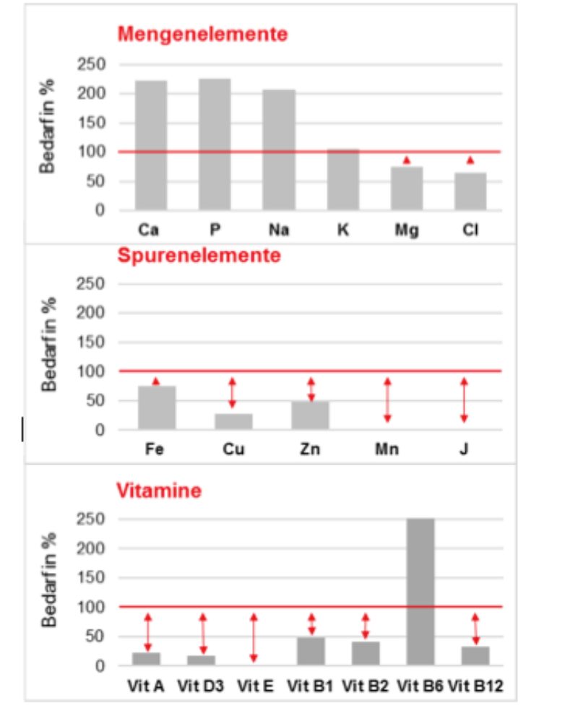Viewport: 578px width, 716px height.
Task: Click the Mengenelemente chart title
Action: (x=202, y=34)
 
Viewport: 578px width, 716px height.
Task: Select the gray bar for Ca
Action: (x=151, y=145)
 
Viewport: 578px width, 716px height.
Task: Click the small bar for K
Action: (x=342, y=179)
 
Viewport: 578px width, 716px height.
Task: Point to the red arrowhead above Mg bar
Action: (x=407, y=160)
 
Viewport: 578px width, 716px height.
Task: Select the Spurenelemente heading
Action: (x=199, y=256)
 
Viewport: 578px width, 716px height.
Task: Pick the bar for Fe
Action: (x=156, y=407)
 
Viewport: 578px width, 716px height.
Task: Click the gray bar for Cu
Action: (x=233, y=421)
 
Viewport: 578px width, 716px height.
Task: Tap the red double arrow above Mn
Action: (x=387, y=400)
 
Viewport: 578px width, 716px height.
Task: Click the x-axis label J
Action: (x=464, y=449)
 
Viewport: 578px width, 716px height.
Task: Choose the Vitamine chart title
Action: (x=159, y=491)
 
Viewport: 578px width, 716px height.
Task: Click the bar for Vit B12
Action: (x=475, y=655)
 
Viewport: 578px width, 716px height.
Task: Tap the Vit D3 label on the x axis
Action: (x=202, y=685)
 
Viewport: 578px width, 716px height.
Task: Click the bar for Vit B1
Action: (x=311, y=650)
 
